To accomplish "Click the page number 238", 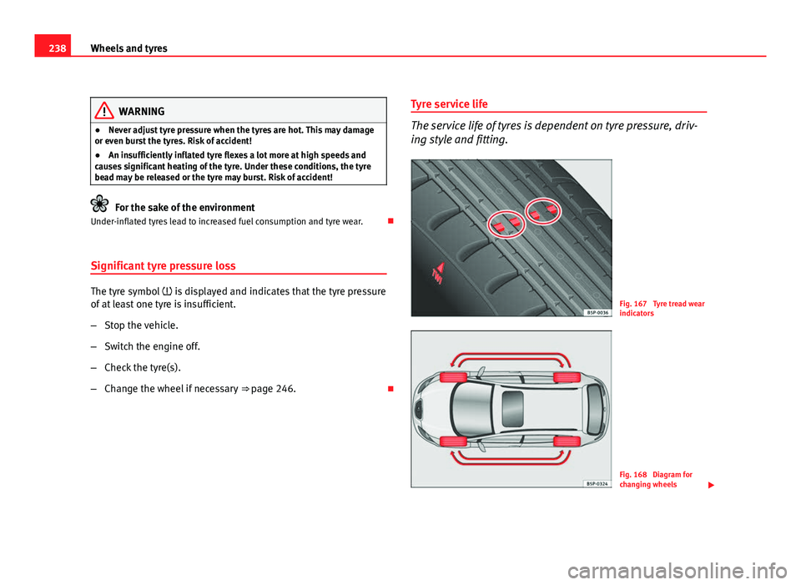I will click(48, 48).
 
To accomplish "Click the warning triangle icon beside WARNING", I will click(105, 111).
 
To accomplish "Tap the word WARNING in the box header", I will click(142, 111).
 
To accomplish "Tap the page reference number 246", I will click(284, 389).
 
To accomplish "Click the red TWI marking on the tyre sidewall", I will click(437, 273).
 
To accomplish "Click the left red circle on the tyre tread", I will click(504, 224).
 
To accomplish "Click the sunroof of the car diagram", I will click(512, 409).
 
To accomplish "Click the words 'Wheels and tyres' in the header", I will click(130, 48).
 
